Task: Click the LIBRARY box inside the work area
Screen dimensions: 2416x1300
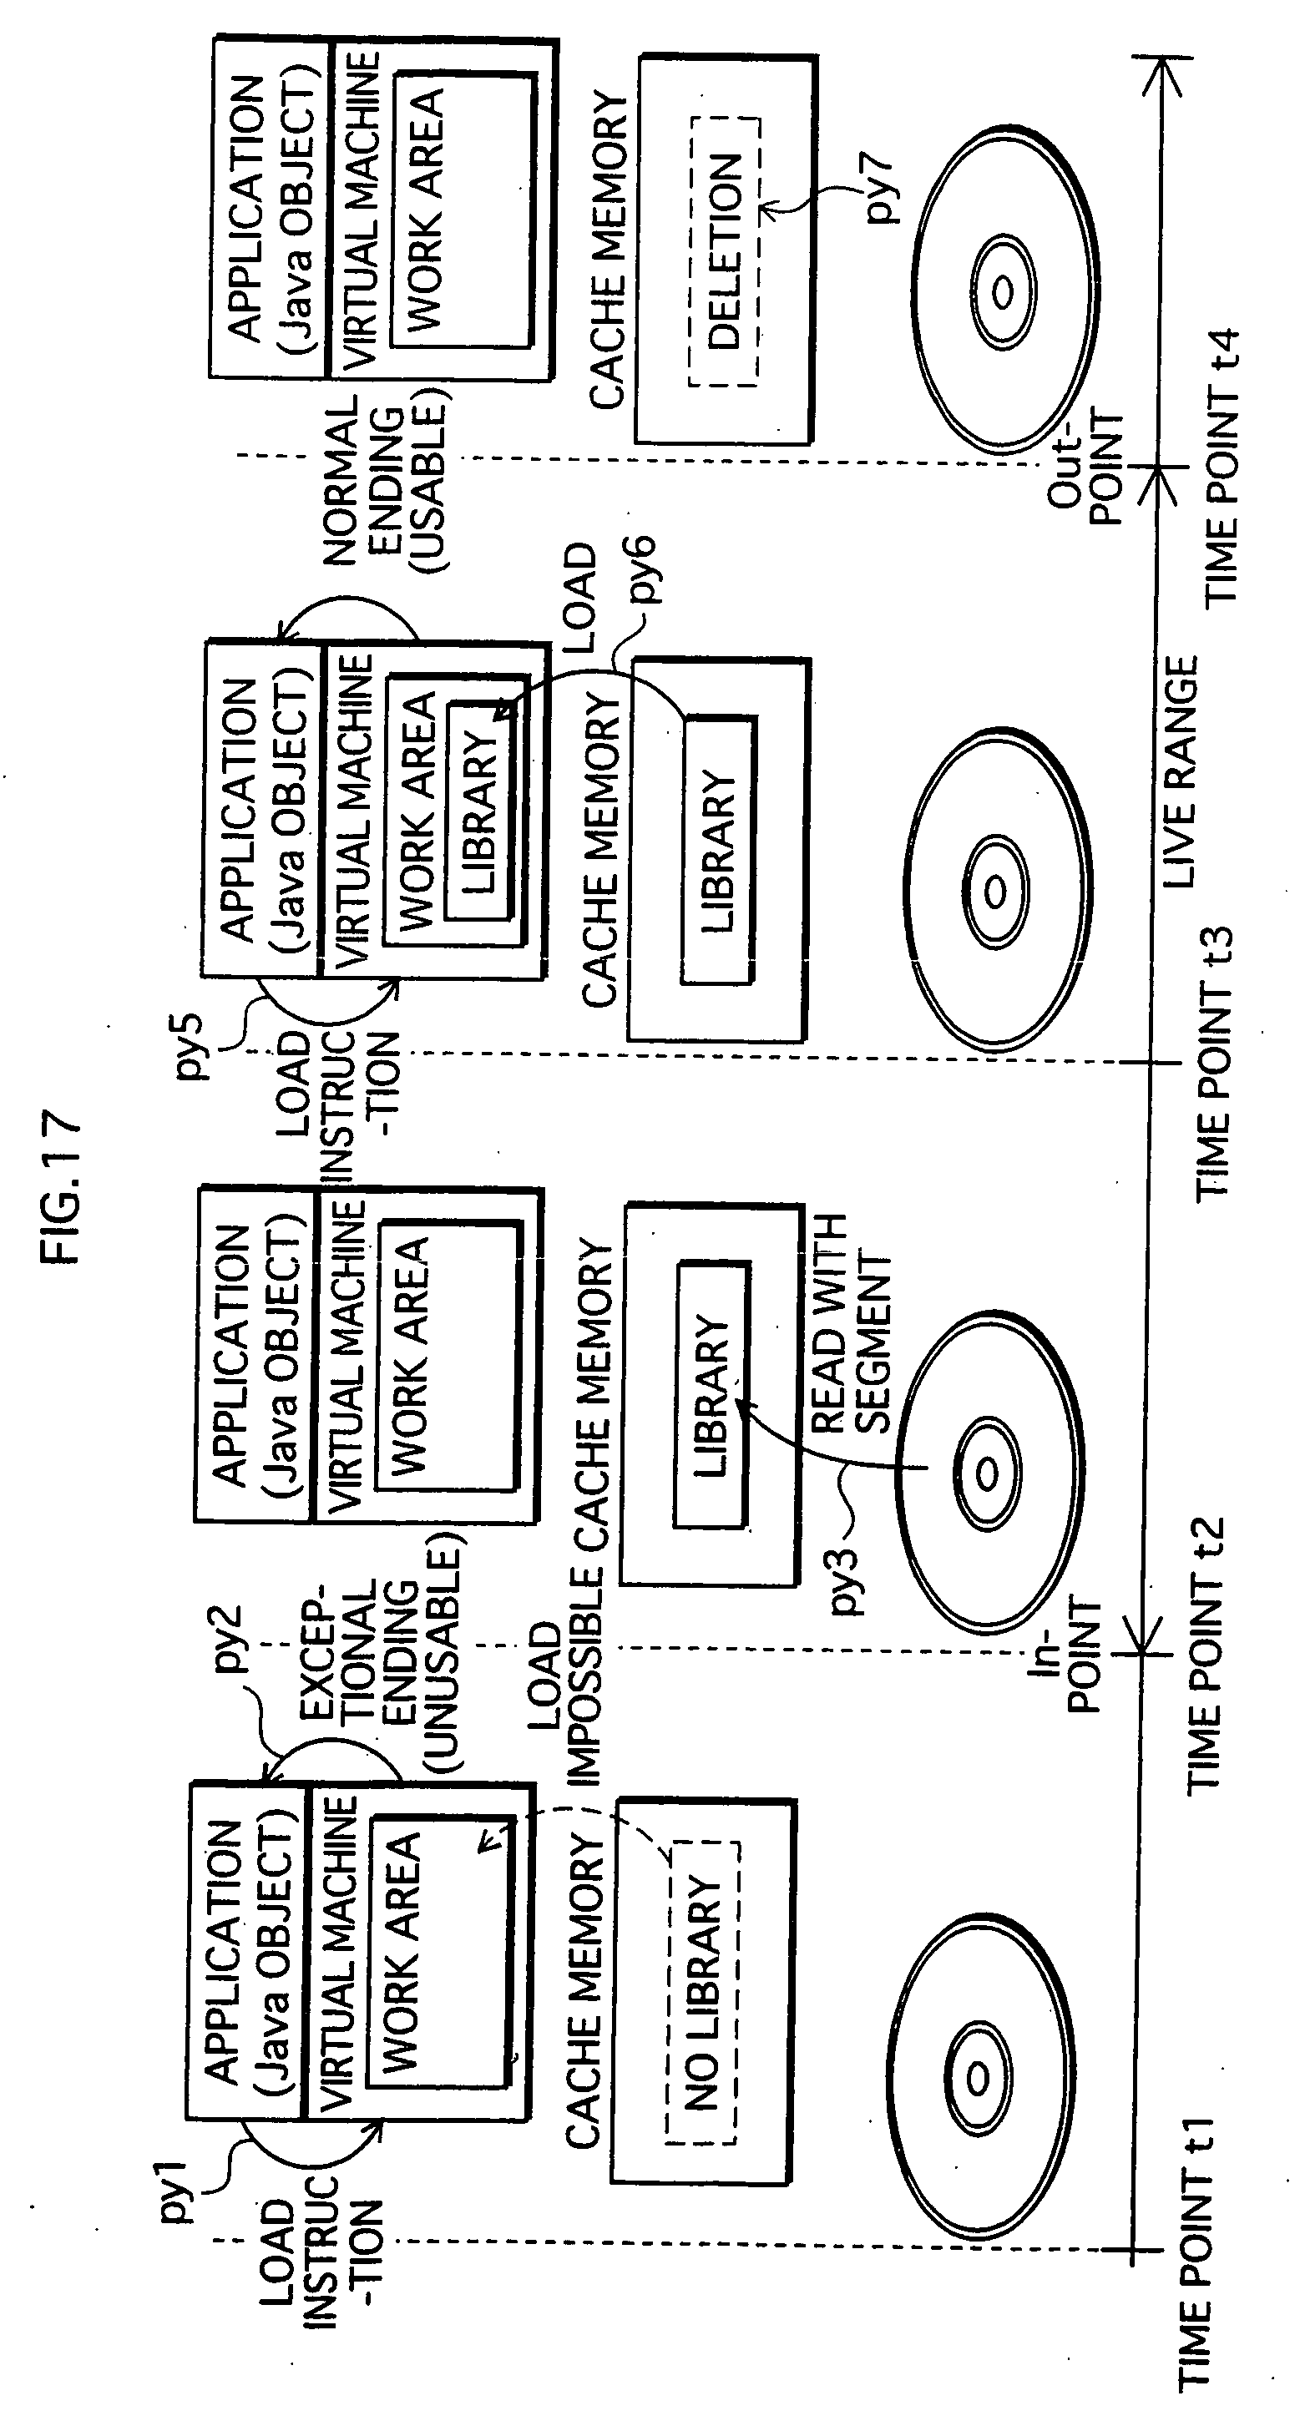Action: click(478, 811)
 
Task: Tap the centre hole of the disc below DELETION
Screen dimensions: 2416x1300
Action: click(1002, 293)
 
